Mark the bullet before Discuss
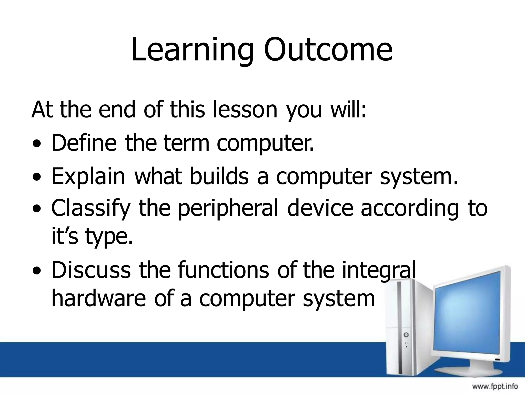tap(38, 271)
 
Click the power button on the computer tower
tap(406, 335)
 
